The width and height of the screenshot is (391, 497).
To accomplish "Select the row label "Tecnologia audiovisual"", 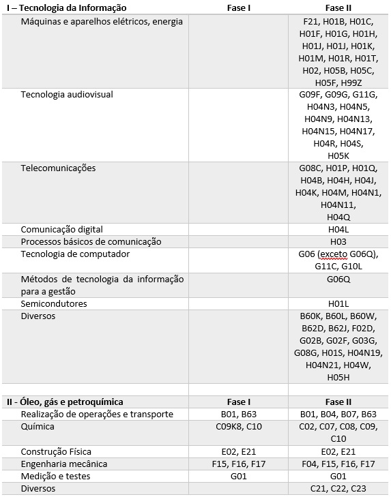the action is tap(67, 95).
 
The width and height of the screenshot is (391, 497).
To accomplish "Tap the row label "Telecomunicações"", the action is tap(58, 168).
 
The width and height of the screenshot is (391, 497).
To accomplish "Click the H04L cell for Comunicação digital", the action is tap(338, 230).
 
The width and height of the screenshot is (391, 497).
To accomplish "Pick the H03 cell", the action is tap(338, 242).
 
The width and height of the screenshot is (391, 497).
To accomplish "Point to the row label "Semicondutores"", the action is tap(54, 303).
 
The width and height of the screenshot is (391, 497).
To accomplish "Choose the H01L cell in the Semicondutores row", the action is tap(338, 303).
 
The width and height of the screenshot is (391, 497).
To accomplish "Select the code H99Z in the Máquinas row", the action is tap(351, 82).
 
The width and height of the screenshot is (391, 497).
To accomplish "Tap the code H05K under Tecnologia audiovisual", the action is tap(338, 156).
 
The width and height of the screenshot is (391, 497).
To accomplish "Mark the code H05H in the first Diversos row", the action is tap(338, 378).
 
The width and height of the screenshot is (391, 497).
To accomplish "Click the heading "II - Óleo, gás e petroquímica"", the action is tap(65, 402).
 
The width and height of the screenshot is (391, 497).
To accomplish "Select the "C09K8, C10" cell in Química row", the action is tap(239, 427).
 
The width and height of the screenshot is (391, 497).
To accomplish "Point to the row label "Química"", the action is tap(38, 427).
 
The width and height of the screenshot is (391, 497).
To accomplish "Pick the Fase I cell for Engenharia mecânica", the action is tap(239, 464).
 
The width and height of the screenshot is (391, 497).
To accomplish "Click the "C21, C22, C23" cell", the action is tap(338, 489).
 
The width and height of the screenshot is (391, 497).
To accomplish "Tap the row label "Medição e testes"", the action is tap(55, 477).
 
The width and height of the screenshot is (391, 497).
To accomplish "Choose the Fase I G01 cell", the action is tap(239, 477).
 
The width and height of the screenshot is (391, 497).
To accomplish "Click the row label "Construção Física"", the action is tap(56, 452).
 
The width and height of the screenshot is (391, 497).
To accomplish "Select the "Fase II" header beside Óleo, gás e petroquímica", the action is tap(338, 402).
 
